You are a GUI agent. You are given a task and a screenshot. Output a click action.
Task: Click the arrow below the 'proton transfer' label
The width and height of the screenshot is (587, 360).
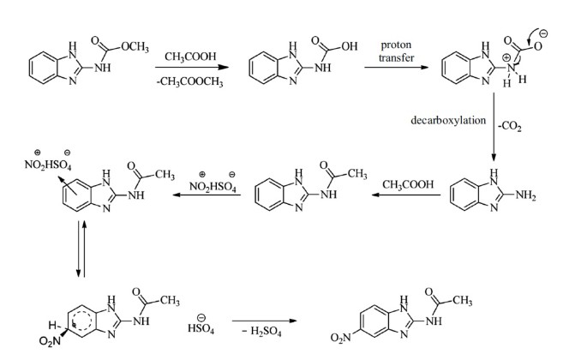(x=398, y=69)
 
